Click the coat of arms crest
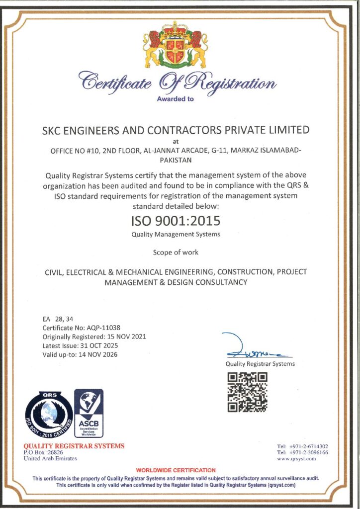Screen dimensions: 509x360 point(176,46)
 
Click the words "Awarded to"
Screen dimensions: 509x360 point(176,99)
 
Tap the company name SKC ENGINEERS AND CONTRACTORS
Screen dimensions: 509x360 point(176,130)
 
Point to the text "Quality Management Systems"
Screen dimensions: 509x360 point(176,234)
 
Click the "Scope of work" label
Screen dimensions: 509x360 point(176,253)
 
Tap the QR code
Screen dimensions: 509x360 point(247,393)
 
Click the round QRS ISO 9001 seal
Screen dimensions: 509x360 point(49,415)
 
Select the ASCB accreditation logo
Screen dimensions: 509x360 point(89,413)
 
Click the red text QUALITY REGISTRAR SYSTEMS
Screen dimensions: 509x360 point(74,446)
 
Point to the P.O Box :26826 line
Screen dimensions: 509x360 point(43,452)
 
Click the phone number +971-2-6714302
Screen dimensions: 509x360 point(308,446)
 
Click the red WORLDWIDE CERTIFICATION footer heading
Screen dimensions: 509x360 point(176,470)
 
